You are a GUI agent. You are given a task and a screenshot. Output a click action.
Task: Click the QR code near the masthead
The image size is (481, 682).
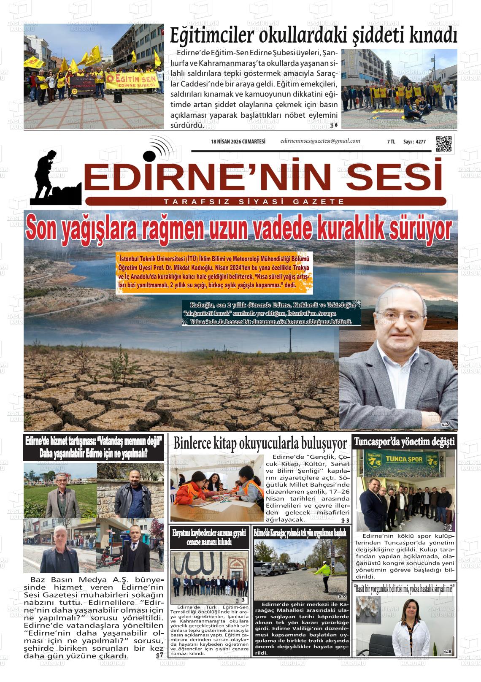pyautogui.click(x=443, y=144)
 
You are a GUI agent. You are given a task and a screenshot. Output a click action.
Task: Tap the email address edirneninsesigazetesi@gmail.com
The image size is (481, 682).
pyautogui.click(x=320, y=141)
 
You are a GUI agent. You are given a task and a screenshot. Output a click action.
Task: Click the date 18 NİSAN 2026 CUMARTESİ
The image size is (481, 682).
pyautogui.click(x=238, y=142)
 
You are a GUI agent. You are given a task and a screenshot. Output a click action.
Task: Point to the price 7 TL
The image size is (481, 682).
pyautogui.click(x=391, y=142)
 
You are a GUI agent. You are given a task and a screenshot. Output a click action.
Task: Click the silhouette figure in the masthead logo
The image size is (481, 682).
pyautogui.click(x=51, y=175)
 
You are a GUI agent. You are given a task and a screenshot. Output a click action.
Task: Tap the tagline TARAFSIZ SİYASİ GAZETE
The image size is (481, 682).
pyautogui.click(x=254, y=202)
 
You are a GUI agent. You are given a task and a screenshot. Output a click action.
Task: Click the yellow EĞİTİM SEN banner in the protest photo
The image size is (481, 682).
pyautogui.click(x=131, y=79)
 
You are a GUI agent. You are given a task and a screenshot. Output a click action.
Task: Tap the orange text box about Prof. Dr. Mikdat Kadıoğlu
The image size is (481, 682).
pyautogui.click(x=215, y=273)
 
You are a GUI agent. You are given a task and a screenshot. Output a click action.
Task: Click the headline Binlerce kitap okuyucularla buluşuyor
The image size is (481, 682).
pyautogui.click(x=260, y=444)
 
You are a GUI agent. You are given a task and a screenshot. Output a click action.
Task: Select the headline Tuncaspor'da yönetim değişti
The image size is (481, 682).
pyautogui.click(x=404, y=442)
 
